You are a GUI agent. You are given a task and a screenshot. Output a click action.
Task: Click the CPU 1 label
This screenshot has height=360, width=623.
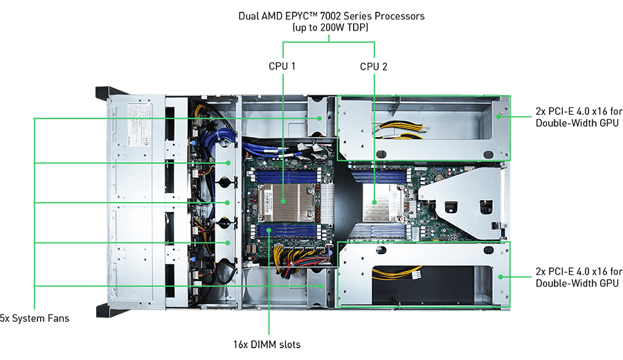coord(282,66)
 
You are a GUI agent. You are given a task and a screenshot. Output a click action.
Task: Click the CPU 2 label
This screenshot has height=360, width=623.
coord(374,66)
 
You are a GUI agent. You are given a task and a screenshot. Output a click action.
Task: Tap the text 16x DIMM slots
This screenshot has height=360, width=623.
coord(267,344)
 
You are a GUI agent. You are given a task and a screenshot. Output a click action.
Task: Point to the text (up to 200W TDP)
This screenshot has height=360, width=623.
coord(330,28)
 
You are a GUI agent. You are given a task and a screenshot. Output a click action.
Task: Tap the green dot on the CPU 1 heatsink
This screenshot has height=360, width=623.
coord(283,201)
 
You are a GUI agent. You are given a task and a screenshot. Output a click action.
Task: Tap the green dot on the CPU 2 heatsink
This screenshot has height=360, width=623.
coord(374,202)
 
